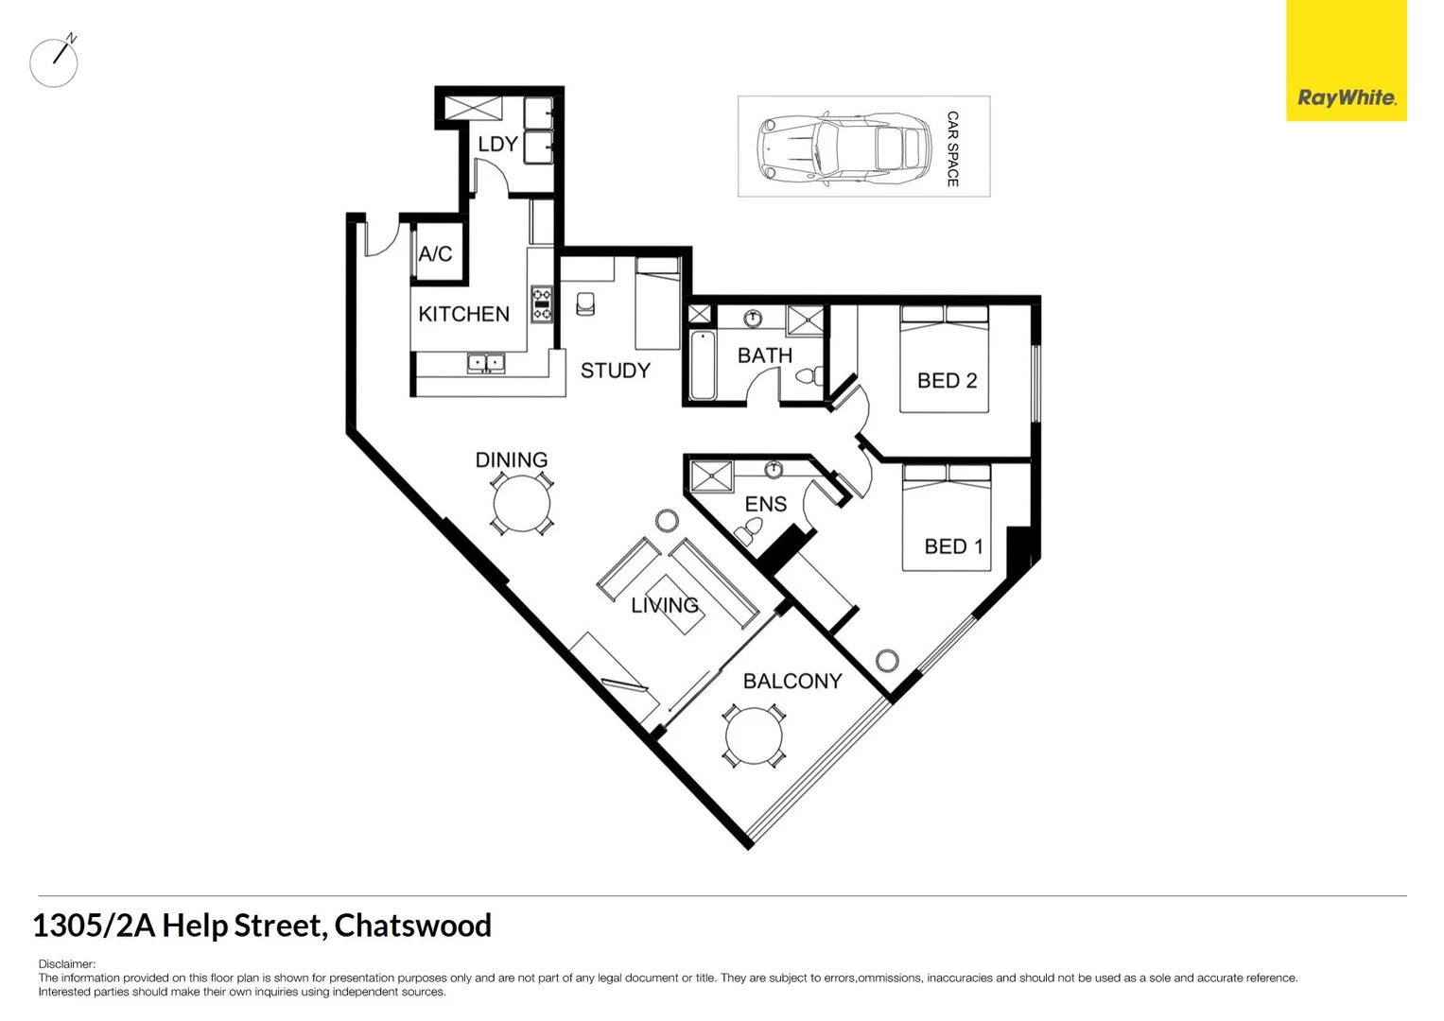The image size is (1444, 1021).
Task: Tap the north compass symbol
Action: point(55,62)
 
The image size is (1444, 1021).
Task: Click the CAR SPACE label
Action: point(952,148)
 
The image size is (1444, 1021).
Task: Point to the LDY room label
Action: point(497,145)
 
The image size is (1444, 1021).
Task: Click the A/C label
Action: point(436,253)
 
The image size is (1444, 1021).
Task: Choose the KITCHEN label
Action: point(463,314)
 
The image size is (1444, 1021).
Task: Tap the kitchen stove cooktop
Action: point(542,303)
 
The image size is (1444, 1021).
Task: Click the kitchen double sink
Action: point(486,362)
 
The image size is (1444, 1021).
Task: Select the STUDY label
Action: point(616,371)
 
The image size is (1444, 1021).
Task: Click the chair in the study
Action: point(585,303)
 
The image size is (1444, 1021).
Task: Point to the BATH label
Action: point(765,355)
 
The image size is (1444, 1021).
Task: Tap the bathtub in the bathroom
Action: point(702,365)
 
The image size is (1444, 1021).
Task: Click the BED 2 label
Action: point(947,381)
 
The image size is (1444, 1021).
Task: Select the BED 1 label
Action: point(953,546)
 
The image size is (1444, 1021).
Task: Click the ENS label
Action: point(766,504)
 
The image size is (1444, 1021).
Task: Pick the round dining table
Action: point(521,504)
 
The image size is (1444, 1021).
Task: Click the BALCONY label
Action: point(792,682)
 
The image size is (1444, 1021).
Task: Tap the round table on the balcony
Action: point(754,736)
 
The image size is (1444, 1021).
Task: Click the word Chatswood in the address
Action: point(413,926)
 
